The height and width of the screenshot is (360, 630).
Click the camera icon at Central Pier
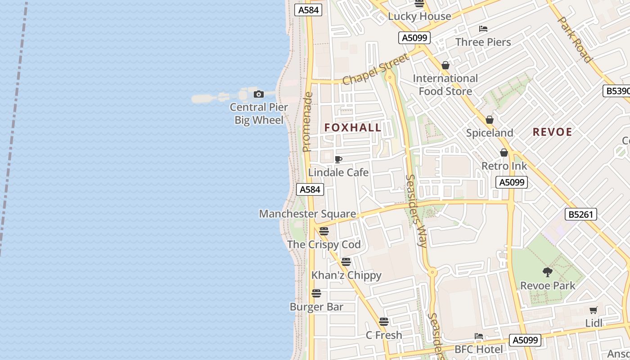click(259, 94)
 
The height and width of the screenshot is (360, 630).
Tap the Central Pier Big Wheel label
click(259, 114)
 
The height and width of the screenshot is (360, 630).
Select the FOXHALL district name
click(353, 128)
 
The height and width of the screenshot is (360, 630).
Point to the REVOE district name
click(552, 132)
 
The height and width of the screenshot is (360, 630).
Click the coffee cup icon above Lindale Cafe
click(338, 159)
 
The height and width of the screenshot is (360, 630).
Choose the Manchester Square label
click(307, 214)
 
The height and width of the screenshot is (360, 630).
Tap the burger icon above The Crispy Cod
click(324, 231)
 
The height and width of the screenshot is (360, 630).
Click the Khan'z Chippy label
click(346, 275)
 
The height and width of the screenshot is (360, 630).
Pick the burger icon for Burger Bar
click(316, 293)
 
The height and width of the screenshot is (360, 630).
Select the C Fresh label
click(383, 335)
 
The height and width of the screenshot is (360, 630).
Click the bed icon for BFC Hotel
click(479, 336)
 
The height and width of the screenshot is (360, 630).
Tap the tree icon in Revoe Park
click(548, 272)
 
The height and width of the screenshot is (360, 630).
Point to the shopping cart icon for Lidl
click(594, 310)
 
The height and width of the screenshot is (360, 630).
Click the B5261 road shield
click(581, 214)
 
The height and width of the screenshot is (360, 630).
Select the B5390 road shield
click(617, 91)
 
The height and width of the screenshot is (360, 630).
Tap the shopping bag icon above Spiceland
click(490, 120)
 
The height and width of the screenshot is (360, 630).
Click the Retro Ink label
click(504, 166)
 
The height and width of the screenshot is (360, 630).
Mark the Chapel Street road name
click(376, 69)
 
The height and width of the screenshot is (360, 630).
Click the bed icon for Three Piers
click(483, 29)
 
